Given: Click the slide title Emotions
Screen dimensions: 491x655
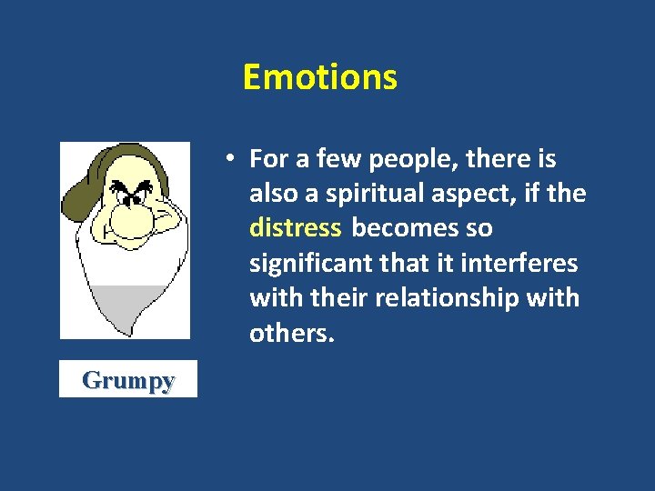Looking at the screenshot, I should [x=320, y=77].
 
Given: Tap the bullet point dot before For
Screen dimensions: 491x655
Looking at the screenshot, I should [x=233, y=157].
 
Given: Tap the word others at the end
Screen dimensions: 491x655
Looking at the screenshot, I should [x=292, y=333].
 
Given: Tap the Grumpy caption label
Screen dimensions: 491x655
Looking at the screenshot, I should [x=127, y=379].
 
